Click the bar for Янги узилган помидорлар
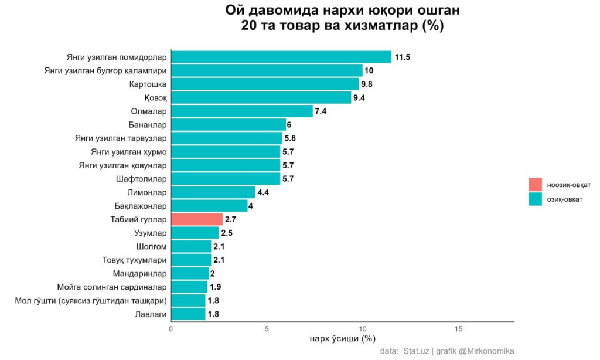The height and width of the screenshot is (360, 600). click(x=281, y=57)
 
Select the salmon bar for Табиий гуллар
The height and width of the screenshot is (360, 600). click(x=196, y=219)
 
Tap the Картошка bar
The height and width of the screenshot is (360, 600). click(x=264, y=84)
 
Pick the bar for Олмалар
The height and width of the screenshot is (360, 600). click(x=241, y=111)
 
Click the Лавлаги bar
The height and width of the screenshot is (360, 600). click(x=187, y=314)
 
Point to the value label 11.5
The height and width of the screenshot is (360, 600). click(x=402, y=57)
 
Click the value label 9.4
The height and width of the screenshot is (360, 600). click(x=359, y=97)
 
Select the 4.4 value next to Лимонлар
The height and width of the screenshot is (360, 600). click(x=263, y=192)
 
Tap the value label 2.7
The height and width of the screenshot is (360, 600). click(x=230, y=219)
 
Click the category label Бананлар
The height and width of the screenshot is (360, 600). click(x=148, y=124)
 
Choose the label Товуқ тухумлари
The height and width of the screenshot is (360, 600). click(x=135, y=260)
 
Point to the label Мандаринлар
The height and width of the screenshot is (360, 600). click(x=139, y=273)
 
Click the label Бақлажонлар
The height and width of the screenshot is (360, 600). click(x=141, y=206)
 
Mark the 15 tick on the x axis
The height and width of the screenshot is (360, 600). click(x=459, y=328)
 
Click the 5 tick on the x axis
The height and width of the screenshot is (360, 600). click(x=267, y=328)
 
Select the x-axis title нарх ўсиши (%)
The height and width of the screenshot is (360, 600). click(x=342, y=338)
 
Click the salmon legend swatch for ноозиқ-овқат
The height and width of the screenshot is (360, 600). click(x=535, y=185)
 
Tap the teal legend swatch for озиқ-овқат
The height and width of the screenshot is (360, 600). click(x=535, y=199)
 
